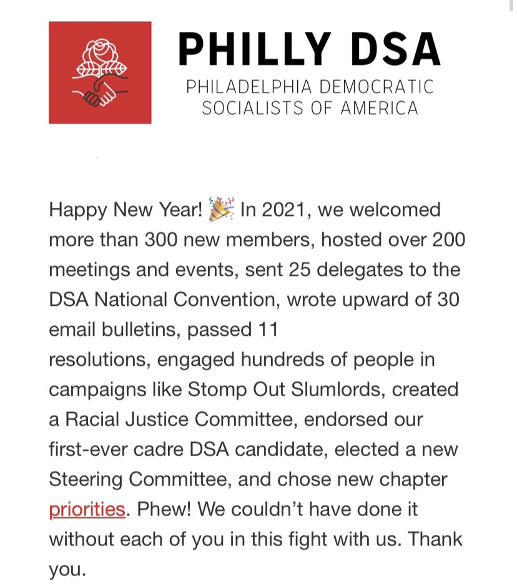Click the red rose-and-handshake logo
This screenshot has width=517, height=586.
click(x=100, y=72)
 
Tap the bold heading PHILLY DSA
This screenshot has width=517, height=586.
click(x=309, y=49)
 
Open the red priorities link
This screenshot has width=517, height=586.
click(x=87, y=510)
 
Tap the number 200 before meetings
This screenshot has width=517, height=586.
click(x=445, y=240)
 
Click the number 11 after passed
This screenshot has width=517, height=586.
click(x=268, y=330)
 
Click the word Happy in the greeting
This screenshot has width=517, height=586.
click(x=78, y=210)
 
